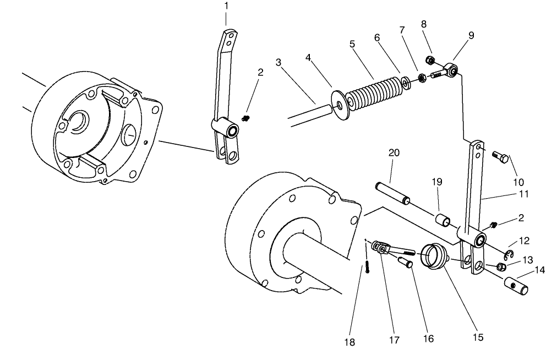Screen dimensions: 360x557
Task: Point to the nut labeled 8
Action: point(430,59)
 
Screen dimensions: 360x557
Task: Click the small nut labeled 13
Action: point(500,267)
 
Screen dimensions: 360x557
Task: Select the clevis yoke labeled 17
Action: point(383,248)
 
